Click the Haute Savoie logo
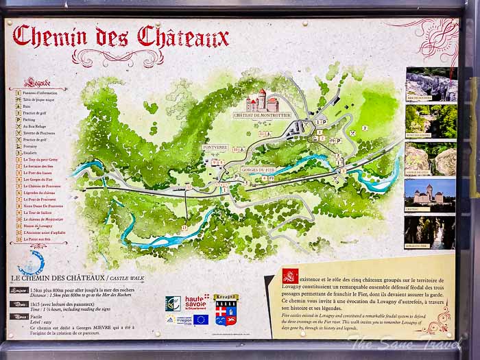pos(196,302)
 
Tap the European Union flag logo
pos(200,319)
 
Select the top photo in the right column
pos(431,85)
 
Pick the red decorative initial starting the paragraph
pos(289,276)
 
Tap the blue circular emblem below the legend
pos(32,263)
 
